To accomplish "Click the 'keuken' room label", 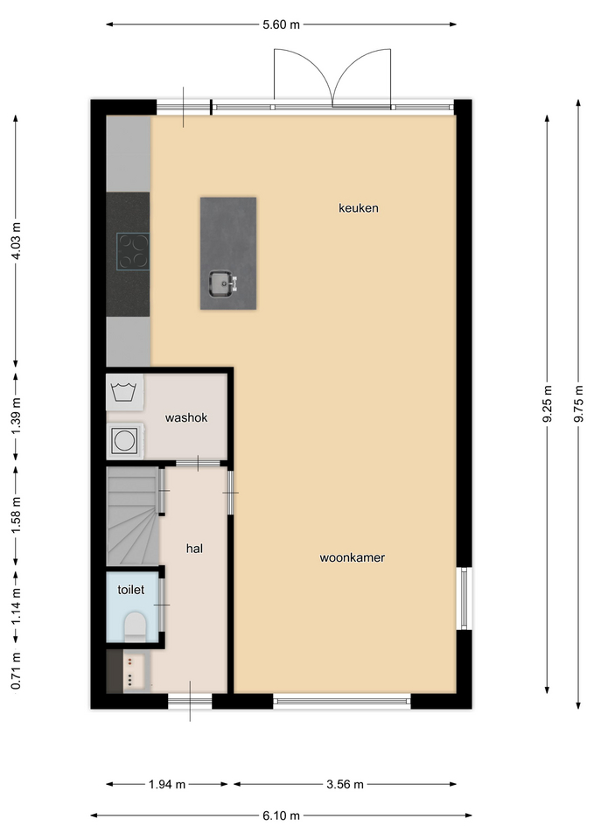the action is click(x=359, y=208).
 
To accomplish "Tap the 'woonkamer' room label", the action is click(x=353, y=557).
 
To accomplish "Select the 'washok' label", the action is click(x=185, y=418).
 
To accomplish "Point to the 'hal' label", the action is click(x=194, y=549).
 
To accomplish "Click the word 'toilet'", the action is click(x=130, y=590).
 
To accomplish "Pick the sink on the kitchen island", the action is click(x=222, y=283).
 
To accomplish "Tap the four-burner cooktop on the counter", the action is click(x=133, y=251).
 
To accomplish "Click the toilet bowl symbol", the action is click(x=135, y=627).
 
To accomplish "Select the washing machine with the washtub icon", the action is click(x=125, y=393).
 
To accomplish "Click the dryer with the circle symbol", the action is click(x=125, y=441).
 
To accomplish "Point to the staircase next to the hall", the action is click(x=133, y=516).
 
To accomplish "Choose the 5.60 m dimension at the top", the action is click(x=281, y=24).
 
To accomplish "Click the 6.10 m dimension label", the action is click(x=281, y=815).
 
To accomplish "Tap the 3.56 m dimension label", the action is click(x=345, y=785).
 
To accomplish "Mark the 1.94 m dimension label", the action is click(x=166, y=785).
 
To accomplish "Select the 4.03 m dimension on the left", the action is click(x=16, y=241).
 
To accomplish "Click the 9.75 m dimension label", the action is click(x=578, y=403).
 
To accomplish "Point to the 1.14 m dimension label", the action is click(x=16, y=605).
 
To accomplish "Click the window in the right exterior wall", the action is click(x=464, y=598).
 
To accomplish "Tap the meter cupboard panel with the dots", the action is click(x=132, y=671).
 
